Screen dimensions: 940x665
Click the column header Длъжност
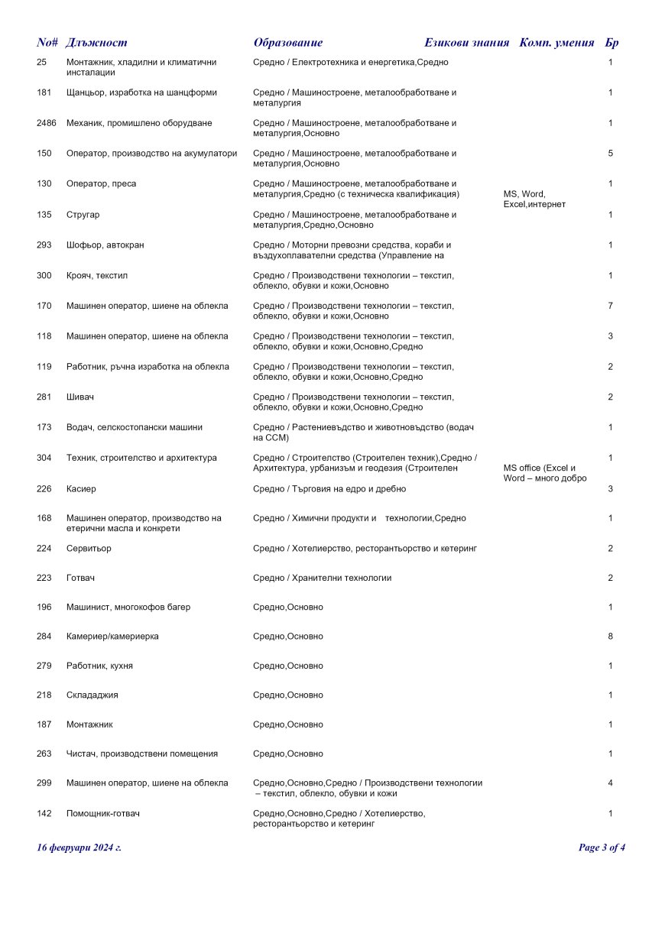coord(96,43)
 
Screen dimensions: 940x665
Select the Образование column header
coord(288,43)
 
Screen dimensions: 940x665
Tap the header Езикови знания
coord(466,43)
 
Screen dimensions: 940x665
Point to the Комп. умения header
coord(556,43)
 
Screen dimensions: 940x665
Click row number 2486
coord(47,123)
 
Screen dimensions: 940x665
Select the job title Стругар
coord(83,215)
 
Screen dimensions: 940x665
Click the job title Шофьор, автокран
coord(105,245)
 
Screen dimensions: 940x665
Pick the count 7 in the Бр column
coord(611,306)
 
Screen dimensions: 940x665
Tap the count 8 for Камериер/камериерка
coord(611,636)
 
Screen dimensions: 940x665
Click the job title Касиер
coord(81,488)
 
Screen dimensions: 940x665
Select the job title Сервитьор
coord(89,549)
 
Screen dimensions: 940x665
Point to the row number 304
coord(44,458)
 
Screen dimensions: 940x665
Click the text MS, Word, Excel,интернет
coord(534,199)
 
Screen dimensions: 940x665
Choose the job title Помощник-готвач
coord(103,813)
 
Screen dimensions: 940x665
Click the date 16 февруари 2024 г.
coord(79,847)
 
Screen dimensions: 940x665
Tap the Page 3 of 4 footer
coord(602,847)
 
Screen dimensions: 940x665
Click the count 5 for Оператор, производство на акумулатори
coord(611,154)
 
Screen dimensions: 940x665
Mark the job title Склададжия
coord(92,695)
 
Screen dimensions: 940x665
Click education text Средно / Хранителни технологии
coord(322,578)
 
